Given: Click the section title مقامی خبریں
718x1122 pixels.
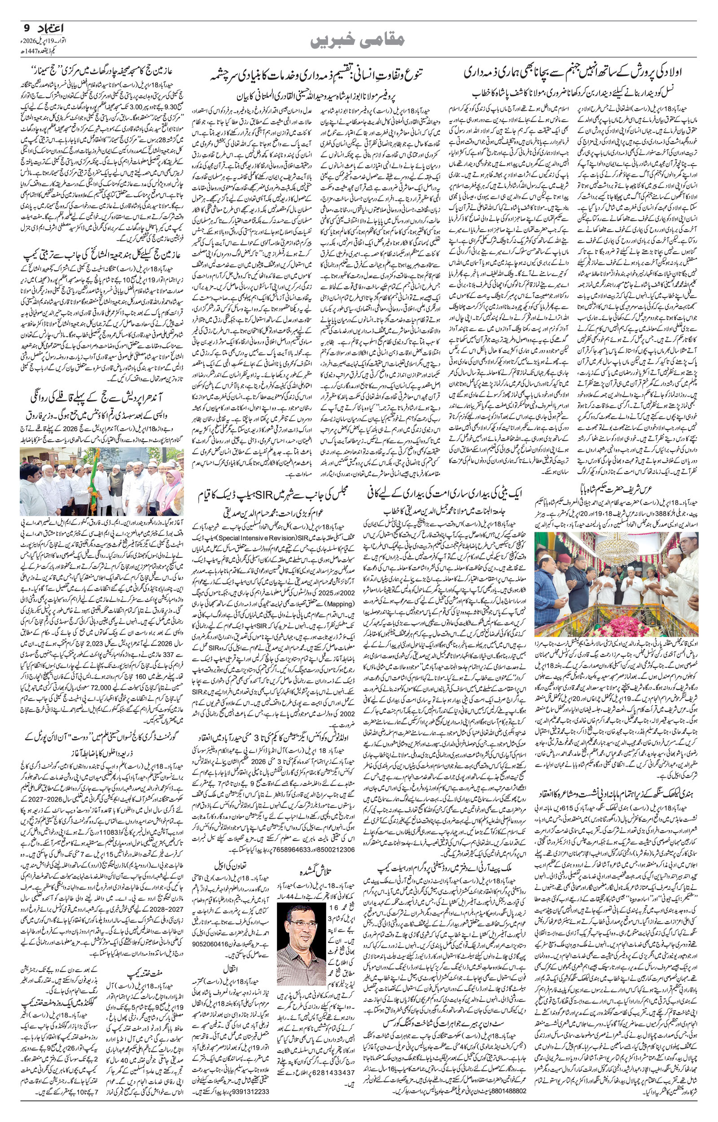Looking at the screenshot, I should tap(359, 40).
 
